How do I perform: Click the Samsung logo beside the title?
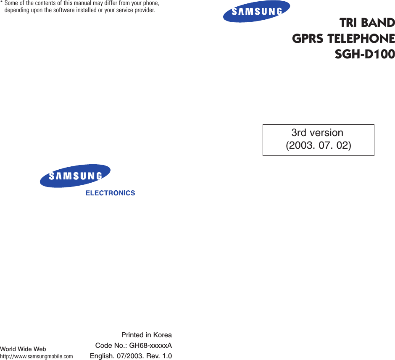click(256, 11)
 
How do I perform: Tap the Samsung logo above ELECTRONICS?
click(75, 176)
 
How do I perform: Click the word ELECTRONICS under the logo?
click(110, 193)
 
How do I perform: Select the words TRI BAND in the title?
click(367, 23)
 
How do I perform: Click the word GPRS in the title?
click(308, 39)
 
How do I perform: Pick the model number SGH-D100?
click(364, 54)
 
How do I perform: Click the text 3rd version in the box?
click(317, 133)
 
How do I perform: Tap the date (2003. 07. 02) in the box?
click(318, 146)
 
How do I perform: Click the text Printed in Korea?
click(146, 335)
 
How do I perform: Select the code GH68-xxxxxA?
click(150, 346)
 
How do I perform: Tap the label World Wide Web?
click(23, 349)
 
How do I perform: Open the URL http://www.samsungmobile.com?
click(36, 357)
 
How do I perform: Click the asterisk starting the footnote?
click(2, 4)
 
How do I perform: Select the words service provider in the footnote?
click(135, 10)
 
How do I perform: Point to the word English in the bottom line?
click(100, 356)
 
